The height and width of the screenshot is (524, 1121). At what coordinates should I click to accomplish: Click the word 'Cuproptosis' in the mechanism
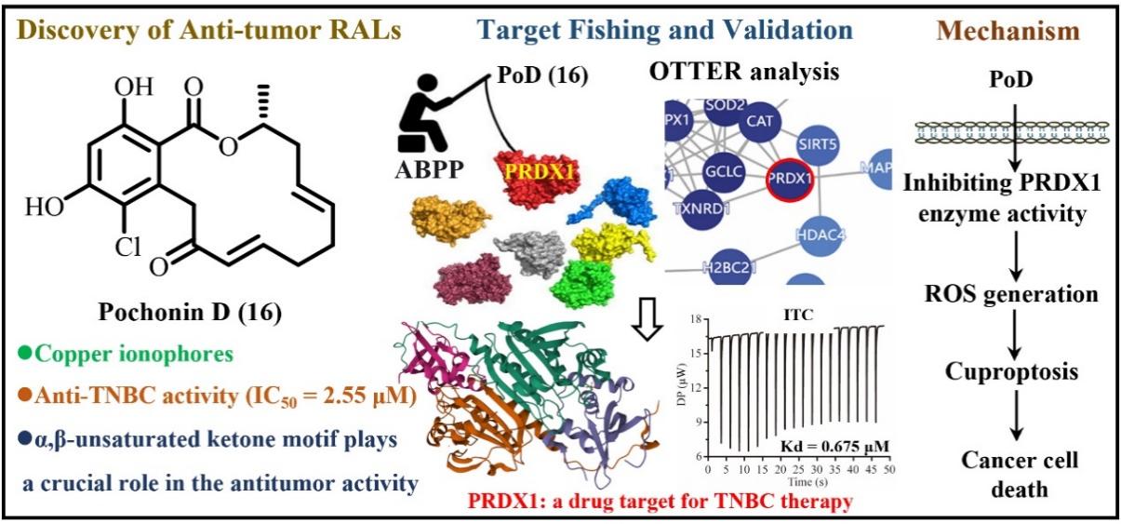1010,372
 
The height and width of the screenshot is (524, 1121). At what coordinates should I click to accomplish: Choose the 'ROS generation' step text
1010,294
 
